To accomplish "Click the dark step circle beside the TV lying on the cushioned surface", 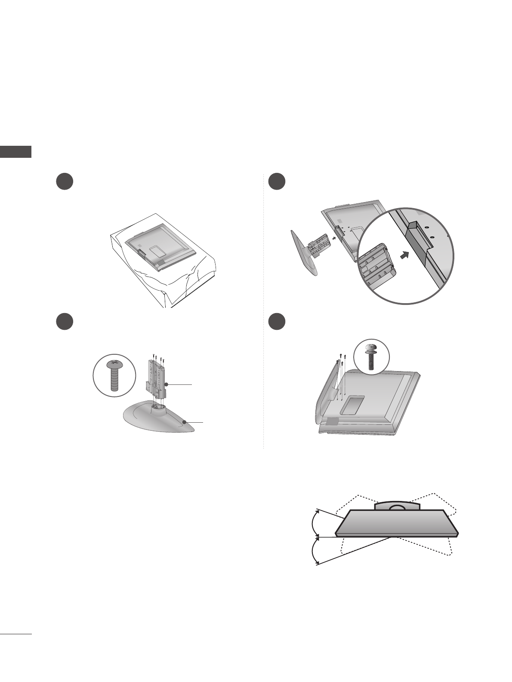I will (x=64, y=182).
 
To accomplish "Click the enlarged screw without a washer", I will (x=114, y=375).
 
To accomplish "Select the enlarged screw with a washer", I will (x=371, y=356).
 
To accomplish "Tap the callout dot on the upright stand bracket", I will (x=166, y=384).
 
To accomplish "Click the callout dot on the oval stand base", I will (x=184, y=422).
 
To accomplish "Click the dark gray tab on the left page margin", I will (x=16, y=152).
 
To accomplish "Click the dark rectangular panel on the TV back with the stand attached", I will (x=351, y=405).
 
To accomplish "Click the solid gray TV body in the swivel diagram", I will (x=396, y=523).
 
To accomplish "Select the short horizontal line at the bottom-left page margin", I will (x=16, y=634).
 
